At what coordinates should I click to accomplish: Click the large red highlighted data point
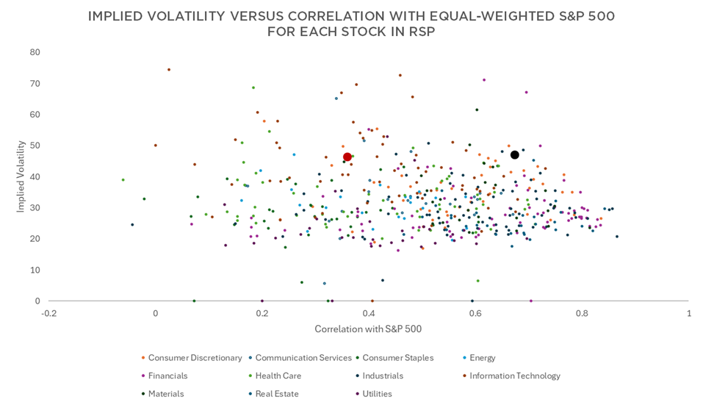347,157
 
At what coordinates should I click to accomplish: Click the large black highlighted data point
515,155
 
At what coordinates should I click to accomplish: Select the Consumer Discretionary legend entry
195,358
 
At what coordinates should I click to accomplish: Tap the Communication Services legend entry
303,358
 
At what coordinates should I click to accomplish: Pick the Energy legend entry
482,358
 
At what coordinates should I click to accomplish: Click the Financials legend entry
167,376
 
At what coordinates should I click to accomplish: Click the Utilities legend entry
376,394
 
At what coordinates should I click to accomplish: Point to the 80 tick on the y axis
35,52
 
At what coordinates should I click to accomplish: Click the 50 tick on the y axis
35,146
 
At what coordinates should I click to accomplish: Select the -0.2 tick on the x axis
48,314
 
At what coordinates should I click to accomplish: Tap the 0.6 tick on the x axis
475,314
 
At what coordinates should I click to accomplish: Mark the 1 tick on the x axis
688,314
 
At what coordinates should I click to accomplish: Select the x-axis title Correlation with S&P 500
367,329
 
